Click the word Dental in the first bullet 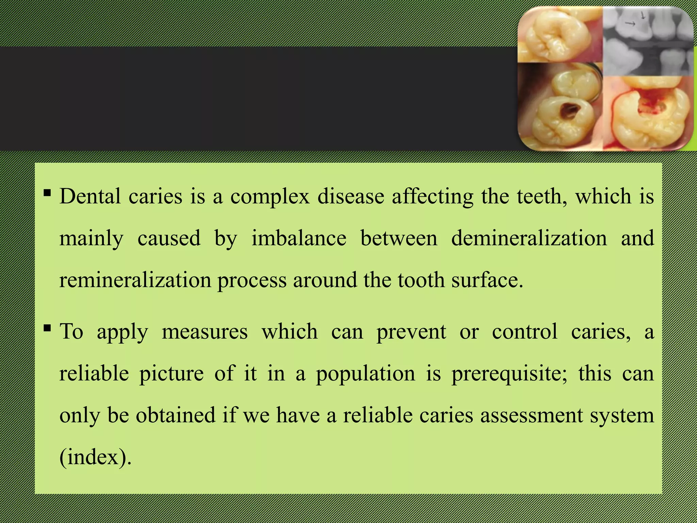90,196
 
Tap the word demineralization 529,238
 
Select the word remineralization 135,280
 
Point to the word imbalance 299,238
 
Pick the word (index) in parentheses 95,457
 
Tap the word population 366,374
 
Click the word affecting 432,196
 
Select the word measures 205,332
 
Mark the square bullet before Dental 47,194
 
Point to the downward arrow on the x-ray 643,15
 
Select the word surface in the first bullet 487,280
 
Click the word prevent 411,332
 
